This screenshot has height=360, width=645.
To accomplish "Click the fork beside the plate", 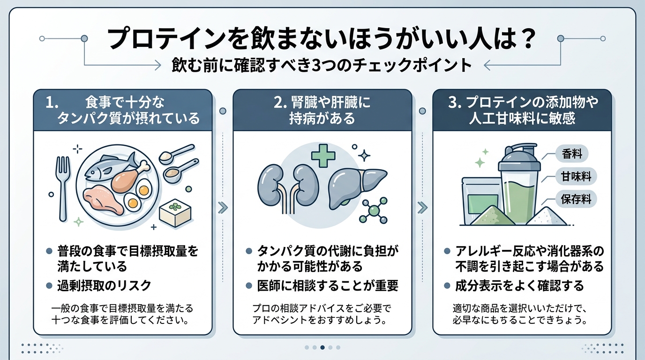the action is pyautogui.click(x=63, y=188).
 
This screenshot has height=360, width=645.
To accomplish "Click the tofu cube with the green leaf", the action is pyautogui.click(x=175, y=213).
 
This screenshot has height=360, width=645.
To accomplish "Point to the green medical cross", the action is pyautogui.click(x=323, y=156).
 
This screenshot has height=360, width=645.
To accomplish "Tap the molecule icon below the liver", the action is pyautogui.click(x=375, y=210).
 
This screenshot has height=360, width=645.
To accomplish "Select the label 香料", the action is pyautogui.click(x=572, y=154).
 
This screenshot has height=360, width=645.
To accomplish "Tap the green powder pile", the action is pyautogui.click(x=492, y=217).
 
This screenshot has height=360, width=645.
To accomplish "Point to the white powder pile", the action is pyautogui.click(x=546, y=217).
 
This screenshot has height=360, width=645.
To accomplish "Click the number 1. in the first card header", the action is pyautogui.click(x=52, y=103).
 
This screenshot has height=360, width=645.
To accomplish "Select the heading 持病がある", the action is pyautogui.click(x=322, y=119).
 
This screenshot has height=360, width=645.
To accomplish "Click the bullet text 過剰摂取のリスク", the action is pyautogui.click(x=104, y=285).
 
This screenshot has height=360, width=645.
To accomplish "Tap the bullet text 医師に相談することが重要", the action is pyautogui.click(x=328, y=285).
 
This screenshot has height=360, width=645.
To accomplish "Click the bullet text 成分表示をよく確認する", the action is pyautogui.click(x=520, y=285).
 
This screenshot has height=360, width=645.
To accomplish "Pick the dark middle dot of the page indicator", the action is pyautogui.click(x=322, y=347).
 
